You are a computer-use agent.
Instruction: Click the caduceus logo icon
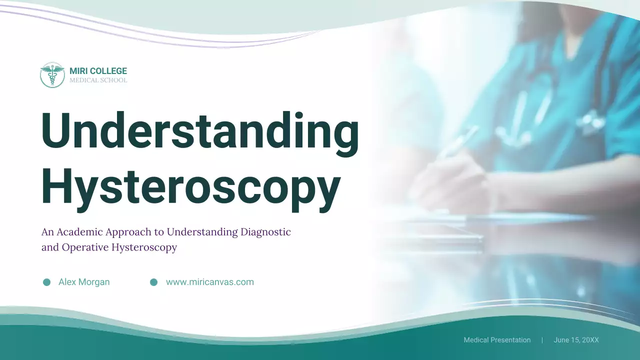click(x=52, y=75)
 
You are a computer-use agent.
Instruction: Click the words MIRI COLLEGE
click(x=98, y=71)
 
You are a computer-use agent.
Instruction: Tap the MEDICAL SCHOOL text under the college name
click(x=98, y=80)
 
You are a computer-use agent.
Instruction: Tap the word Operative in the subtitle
click(x=84, y=247)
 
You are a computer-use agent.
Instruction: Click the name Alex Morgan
click(x=84, y=282)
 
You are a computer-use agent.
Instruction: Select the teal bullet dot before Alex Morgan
click(x=47, y=282)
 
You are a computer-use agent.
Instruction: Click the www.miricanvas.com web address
click(x=209, y=282)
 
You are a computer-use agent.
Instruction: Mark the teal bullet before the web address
click(x=154, y=282)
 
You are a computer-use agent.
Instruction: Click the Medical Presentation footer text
click(x=497, y=340)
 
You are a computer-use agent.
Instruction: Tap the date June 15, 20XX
click(x=576, y=340)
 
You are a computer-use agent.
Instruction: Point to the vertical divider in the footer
click(x=542, y=340)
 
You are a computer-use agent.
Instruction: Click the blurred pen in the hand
click(x=457, y=142)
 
